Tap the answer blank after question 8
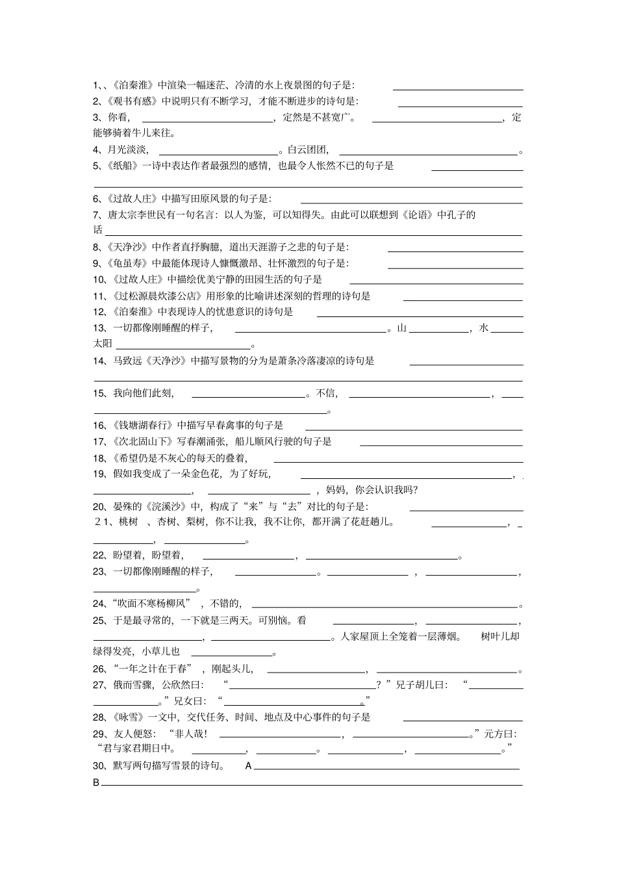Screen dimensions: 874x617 [x=455, y=248]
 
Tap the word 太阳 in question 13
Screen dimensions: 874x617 [x=103, y=343]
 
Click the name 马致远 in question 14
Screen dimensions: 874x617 [x=127, y=361]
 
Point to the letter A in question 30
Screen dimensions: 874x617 [x=248, y=766]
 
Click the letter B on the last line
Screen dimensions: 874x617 [x=96, y=783]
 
